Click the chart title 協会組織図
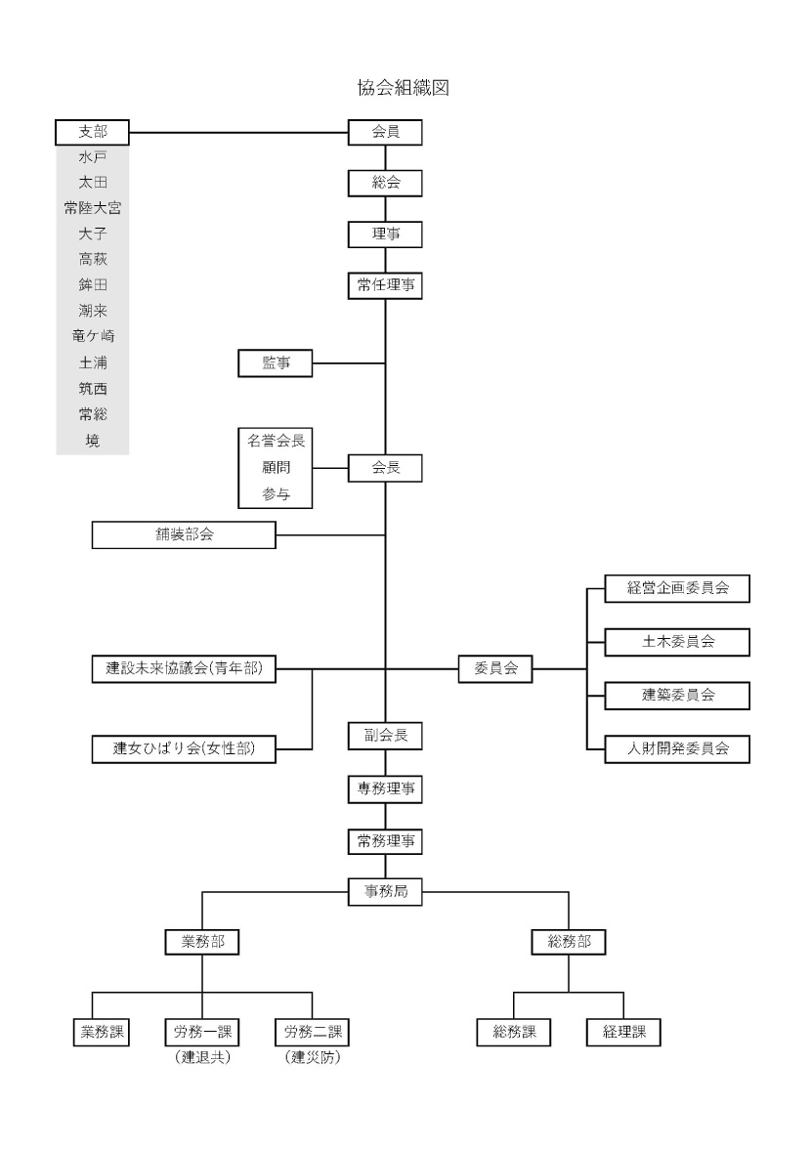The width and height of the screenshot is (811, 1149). [404, 88]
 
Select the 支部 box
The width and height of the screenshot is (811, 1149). [92, 132]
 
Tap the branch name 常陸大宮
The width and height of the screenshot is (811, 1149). [92, 207]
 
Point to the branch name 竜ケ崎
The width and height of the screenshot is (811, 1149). [92, 336]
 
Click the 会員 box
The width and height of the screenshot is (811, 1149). [385, 132]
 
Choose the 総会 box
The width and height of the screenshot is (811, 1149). [385, 183]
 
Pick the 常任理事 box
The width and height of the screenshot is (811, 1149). [385, 285]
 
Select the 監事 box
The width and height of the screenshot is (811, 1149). [276, 363]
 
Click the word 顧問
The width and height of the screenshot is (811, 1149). [276, 468]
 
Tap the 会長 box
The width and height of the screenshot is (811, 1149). [385, 468]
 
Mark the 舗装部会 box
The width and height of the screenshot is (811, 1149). [184, 534]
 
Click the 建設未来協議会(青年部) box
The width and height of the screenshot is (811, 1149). [184, 669]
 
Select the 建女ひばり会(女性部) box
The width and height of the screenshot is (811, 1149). [184, 748]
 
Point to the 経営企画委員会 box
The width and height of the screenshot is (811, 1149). [678, 589]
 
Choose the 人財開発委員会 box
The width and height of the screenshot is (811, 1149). [678, 748]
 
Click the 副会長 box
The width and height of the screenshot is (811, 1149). [385, 735]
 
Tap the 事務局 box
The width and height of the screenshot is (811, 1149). [385, 891]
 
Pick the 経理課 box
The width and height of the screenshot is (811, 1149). [623, 1031]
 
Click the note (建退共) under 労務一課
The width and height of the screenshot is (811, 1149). [202, 1058]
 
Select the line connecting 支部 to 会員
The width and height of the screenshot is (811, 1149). [239, 132]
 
